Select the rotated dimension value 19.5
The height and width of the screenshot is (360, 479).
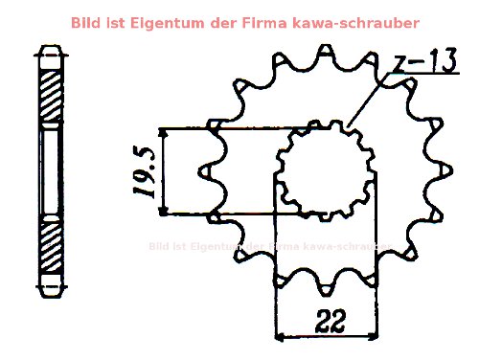coord(145,171)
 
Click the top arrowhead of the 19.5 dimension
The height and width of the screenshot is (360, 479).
coord(167,132)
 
